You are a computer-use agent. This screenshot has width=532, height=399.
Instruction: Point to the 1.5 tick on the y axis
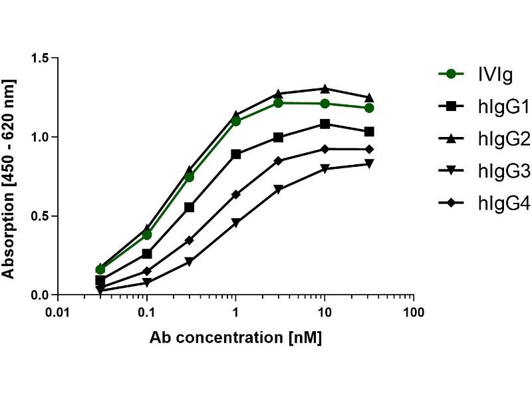click(40, 59)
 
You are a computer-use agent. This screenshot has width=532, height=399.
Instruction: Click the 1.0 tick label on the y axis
click(40, 137)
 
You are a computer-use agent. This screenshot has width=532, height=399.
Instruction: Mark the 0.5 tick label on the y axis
click(40, 216)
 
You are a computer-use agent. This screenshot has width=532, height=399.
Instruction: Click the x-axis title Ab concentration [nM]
click(235, 338)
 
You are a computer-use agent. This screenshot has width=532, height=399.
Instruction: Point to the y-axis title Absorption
click(9, 178)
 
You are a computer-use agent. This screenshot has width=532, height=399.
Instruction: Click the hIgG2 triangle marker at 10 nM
click(325, 88)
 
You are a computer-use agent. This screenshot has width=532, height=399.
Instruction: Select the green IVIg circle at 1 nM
click(235, 121)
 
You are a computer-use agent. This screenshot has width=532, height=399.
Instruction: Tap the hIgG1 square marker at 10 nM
click(325, 124)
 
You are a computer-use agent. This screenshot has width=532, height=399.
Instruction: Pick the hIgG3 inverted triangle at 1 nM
click(235, 223)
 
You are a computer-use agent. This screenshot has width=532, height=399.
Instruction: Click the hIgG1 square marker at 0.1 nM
click(147, 254)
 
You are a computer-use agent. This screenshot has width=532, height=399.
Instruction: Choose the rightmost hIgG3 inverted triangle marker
click(369, 164)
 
